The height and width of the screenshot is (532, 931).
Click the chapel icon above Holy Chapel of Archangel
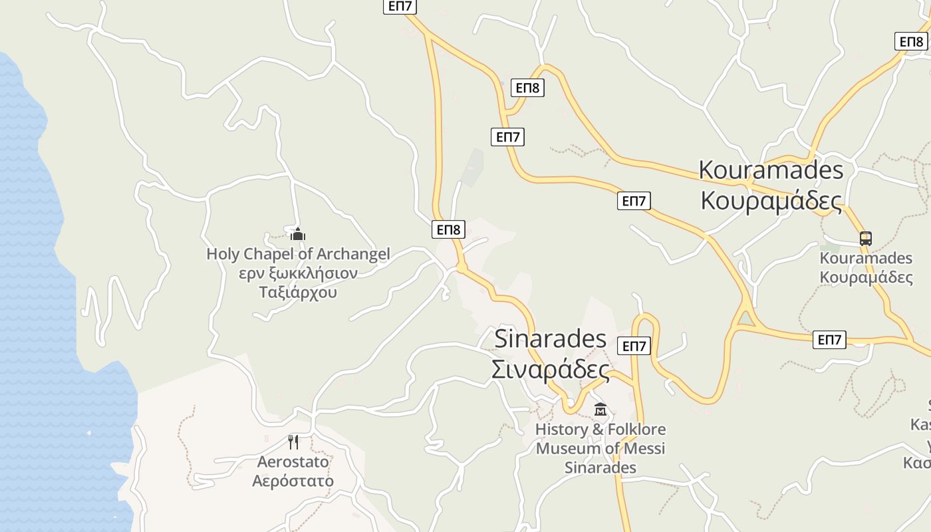[297, 234]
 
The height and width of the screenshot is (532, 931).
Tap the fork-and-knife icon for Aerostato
[293, 442]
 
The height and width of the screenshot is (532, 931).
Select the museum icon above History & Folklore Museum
[600, 409]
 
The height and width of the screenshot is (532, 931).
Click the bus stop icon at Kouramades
[865, 238]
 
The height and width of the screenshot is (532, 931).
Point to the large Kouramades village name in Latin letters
[771, 170]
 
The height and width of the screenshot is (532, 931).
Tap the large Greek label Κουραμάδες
[771, 200]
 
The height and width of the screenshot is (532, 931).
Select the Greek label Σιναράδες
[550, 370]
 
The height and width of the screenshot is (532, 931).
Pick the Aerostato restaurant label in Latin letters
[293, 462]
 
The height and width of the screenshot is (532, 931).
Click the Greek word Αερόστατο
[293, 481]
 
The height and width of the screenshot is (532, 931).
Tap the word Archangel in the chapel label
[353, 254]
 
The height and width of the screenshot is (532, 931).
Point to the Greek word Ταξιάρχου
[298, 293]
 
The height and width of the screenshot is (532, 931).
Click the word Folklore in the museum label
[632, 430]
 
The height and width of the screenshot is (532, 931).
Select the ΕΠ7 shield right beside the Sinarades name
[634, 346]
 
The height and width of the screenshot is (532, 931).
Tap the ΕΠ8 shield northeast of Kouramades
[910, 42]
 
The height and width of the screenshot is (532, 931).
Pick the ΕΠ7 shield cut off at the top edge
[400, 6]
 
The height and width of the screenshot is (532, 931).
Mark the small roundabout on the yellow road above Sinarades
[462, 267]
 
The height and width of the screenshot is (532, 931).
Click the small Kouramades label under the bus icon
[866, 258]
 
